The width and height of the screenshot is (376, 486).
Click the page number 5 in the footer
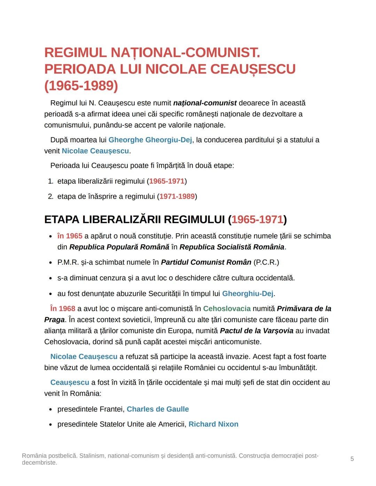pyautogui.click(x=352, y=459)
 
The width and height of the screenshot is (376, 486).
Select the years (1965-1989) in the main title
pyautogui.click(x=81, y=86)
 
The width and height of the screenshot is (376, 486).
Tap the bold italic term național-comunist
pyautogui.click(x=205, y=103)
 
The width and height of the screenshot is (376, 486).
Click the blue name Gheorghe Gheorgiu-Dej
pyautogui.click(x=150, y=140)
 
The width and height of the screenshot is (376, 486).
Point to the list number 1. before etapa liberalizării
pyautogui.click(x=50, y=181)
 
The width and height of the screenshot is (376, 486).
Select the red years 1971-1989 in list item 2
pyautogui.click(x=177, y=197)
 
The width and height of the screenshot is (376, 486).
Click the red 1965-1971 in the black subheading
pyautogui.click(x=257, y=220)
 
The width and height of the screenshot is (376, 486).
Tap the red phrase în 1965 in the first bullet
pyautogui.click(x=70, y=236)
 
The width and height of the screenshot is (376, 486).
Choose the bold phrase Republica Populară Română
pyautogui.click(x=119, y=247)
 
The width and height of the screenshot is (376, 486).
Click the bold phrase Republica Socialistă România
pyautogui.click(x=232, y=247)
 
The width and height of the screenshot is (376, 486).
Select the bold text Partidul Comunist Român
pyautogui.click(x=206, y=262)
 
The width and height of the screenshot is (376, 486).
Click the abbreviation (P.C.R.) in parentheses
pyautogui.click(x=266, y=262)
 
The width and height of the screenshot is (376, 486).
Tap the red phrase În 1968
pyautogui.click(x=63, y=309)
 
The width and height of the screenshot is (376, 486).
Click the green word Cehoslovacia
pyautogui.click(x=227, y=309)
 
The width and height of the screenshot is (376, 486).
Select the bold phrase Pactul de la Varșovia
pyautogui.click(x=257, y=330)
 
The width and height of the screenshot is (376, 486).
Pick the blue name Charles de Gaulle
pyautogui.click(x=158, y=409)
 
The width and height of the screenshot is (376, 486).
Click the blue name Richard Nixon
pyautogui.click(x=213, y=424)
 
